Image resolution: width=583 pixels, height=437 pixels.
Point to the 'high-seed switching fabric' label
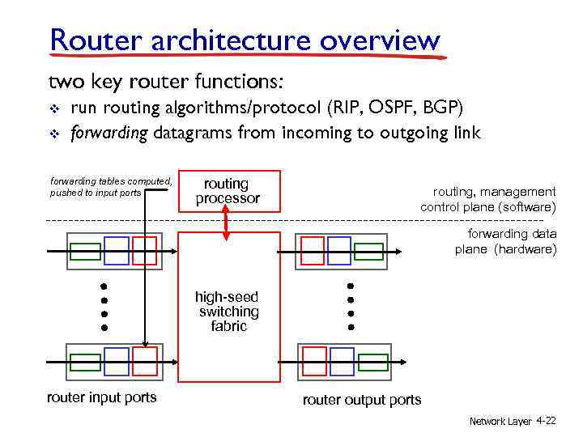point(228,312)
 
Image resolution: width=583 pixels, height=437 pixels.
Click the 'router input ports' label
point(102,397)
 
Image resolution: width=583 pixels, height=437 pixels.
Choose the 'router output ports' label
point(362,400)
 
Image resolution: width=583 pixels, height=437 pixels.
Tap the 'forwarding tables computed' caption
point(111,187)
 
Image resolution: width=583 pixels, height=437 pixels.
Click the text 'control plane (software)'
point(488,207)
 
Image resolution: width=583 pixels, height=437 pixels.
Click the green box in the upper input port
point(85,251)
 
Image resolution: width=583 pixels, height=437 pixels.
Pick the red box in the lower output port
point(314,361)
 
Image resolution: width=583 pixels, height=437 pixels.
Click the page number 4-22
point(546,422)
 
